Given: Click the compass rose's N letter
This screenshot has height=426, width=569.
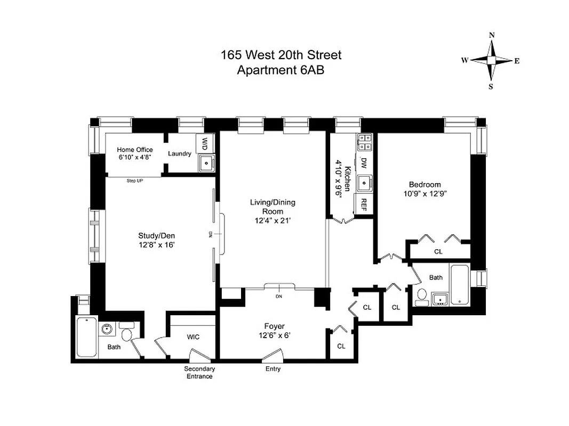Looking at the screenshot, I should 491,35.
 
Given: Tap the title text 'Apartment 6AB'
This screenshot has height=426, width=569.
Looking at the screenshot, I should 281,69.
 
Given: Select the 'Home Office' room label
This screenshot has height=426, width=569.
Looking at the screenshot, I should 135,150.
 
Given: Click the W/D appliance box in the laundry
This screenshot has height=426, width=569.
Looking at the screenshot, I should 205,143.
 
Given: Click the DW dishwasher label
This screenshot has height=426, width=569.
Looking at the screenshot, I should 364,162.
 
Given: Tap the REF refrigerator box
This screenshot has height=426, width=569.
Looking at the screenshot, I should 364,203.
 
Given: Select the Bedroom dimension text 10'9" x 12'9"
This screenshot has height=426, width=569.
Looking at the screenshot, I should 424,194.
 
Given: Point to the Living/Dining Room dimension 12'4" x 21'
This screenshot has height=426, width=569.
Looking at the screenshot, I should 273,220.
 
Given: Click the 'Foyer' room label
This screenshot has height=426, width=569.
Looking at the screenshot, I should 274,326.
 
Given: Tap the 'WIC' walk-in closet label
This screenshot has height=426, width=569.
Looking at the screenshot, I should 193,337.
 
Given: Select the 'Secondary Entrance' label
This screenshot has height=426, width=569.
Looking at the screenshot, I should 199,372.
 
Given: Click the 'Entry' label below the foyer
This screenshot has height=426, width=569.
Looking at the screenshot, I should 273,369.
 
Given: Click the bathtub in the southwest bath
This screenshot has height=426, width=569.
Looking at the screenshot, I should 86,337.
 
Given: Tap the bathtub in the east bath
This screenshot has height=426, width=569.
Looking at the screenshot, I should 460,284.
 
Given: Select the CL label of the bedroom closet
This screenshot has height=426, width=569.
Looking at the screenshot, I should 438,252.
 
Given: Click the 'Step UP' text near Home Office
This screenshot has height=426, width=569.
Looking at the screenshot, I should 134,181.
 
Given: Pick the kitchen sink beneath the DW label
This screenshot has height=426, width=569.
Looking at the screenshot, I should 365,183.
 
